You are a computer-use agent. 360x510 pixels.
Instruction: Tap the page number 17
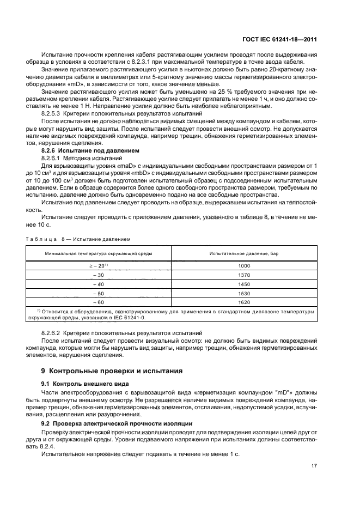314,465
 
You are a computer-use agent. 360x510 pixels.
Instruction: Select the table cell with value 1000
244,265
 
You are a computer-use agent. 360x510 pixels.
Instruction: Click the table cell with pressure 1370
244,275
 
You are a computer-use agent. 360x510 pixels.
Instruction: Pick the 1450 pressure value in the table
244,284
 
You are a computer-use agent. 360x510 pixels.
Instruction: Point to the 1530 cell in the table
244,293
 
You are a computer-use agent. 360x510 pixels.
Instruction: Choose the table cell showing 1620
244,302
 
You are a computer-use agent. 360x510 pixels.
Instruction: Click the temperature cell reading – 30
99,275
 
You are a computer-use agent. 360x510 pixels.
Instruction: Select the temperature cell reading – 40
99,284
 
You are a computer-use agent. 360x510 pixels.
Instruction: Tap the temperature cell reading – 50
99,293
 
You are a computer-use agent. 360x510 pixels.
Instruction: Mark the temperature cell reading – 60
99,302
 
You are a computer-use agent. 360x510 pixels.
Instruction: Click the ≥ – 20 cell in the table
99,265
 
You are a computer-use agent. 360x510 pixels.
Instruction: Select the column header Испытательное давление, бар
244,253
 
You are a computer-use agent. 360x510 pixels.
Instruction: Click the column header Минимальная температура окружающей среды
99,253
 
